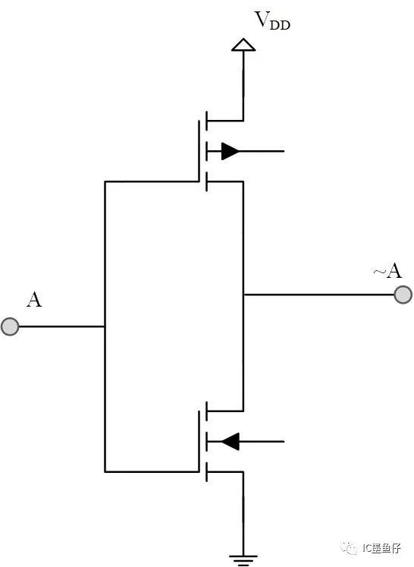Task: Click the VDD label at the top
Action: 272,20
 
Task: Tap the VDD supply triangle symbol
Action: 243,45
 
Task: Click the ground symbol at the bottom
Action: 243,560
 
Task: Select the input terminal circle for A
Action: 10,326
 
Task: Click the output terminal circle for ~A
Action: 403,295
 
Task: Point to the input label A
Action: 34,300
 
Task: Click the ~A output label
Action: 387,270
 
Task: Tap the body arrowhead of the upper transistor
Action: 230,151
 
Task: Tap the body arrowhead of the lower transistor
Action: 230,442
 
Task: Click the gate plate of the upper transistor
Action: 199,151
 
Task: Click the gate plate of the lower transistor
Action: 199,441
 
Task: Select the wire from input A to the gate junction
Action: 61,326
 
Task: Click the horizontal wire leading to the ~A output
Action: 318,295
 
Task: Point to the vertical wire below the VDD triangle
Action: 243,86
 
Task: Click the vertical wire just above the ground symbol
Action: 243,513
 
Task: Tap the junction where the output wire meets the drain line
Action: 243,295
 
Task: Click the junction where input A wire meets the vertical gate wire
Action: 105,326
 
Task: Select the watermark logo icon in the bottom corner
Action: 348,548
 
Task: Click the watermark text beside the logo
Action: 381,548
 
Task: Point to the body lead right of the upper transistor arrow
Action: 262,151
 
